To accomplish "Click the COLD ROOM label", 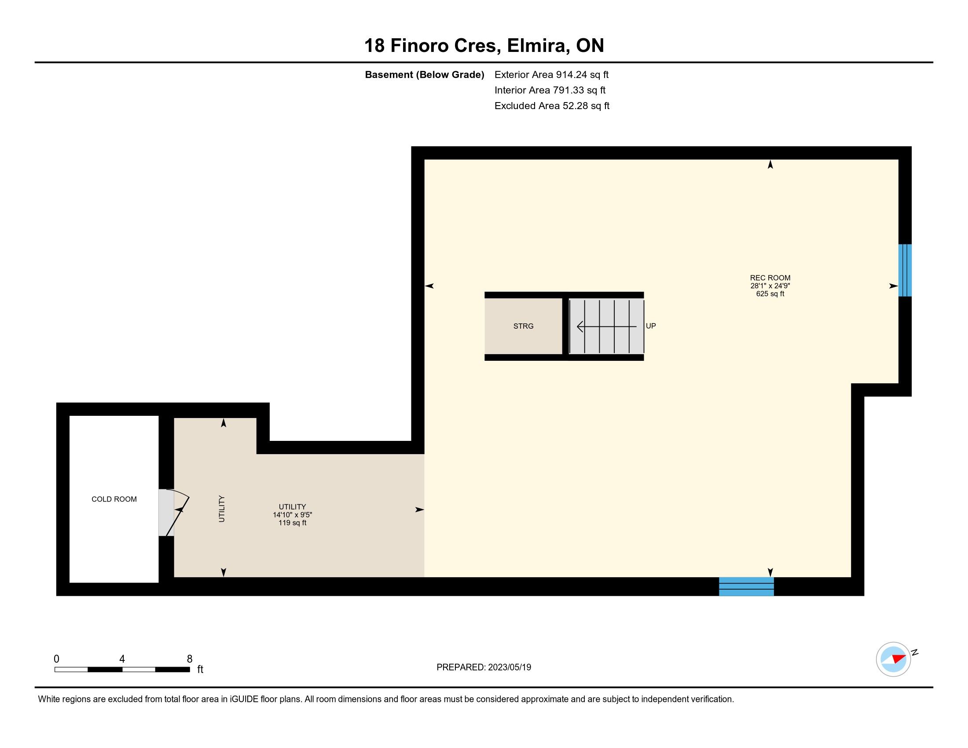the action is tap(114, 499).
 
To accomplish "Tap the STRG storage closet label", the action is tap(523, 326).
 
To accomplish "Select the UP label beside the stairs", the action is tap(651, 326).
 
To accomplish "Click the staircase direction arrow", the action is tap(606, 326).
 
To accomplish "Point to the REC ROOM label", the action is tap(770, 278).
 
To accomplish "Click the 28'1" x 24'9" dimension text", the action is tap(770, 286).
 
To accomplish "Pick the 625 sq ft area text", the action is tap(770, 294).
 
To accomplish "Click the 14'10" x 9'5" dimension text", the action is tap(292, 515).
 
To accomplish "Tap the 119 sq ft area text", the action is tap(292, 523).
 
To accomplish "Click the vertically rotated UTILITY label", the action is tap(222, 509).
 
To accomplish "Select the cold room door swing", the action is tap(177, 512).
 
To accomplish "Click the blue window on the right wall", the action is tap(905, 270).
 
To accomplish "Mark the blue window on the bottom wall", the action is tap(746, 586).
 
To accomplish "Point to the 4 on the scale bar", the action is tap(122, 659).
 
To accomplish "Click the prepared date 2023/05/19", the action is tap(509, 667).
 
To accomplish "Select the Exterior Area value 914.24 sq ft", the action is tap(583, 75).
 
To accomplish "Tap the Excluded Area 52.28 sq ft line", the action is tap(552, 106).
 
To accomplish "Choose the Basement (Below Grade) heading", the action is tap(424, 75).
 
